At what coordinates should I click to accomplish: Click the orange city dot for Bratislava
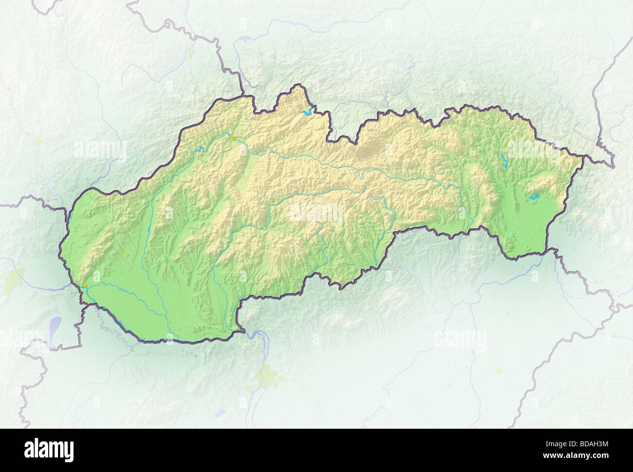pyautogui.click(x=86, y=285)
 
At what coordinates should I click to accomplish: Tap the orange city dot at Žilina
pyautogui.click(x=234, y=139)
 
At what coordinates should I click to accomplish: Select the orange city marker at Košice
pyautogui.click(x=465, y=208)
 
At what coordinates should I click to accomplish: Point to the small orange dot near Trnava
pyautogui.click(x=128, y=254)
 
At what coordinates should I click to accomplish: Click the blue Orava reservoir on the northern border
pyautogui.click(x=307, y=113)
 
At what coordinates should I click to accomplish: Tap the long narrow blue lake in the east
pyautogui.click(x=503, y=159)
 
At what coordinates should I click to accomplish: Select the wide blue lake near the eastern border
pyautogui.click(x=535, y=197)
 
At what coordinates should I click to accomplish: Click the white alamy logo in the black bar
pyautogui.click(x=49, y=450)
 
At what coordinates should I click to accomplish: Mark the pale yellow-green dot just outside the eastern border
pyautogui.click(x=560, y=221)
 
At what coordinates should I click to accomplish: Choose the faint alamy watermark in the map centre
pyautogui.click(x=316, y=213)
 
